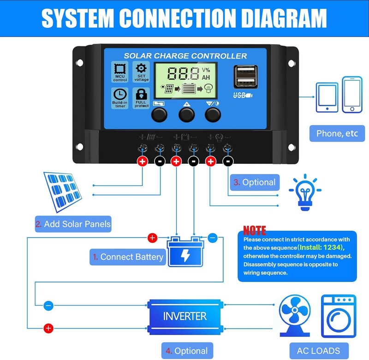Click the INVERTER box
(x=184, y=316)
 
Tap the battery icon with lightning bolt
(x=184, y=252)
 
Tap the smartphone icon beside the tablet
(x=352, y=94)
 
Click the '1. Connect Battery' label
(x=128, y=257)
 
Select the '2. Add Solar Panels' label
(x=73, y=224)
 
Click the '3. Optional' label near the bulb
(x=255, y=182)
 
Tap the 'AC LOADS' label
(x=315, y=350)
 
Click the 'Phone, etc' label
(x=337, y=133)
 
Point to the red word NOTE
(x=255, y=230)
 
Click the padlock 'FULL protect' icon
(x=142, y=98)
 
